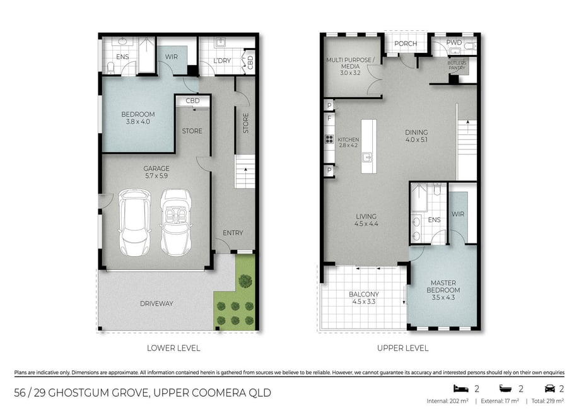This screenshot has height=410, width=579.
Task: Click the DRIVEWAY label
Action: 156,303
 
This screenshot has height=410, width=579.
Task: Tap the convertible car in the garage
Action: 176,223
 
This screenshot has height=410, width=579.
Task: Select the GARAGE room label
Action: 156,168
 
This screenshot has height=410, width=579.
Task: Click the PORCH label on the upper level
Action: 406,44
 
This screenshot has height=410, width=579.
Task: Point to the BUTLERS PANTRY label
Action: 457,66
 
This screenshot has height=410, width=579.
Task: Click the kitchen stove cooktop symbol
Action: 329,139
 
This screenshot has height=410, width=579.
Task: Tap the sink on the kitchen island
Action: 367,158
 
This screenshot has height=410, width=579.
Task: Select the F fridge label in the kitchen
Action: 329,119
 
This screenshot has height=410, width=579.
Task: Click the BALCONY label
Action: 364,295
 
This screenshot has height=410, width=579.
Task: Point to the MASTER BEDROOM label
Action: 443,286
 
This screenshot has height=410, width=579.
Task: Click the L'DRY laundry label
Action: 222,61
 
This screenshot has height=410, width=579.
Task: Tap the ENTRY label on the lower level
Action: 233,233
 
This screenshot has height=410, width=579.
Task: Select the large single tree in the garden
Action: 245,281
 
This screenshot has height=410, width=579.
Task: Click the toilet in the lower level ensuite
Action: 110,67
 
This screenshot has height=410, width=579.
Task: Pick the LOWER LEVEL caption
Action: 173,348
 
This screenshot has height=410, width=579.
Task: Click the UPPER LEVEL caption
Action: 403,348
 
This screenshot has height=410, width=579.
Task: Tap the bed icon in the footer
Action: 461,389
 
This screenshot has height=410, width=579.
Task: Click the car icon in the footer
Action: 550,389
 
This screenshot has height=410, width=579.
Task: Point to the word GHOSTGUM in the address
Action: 73,392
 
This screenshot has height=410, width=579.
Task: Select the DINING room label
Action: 416,132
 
